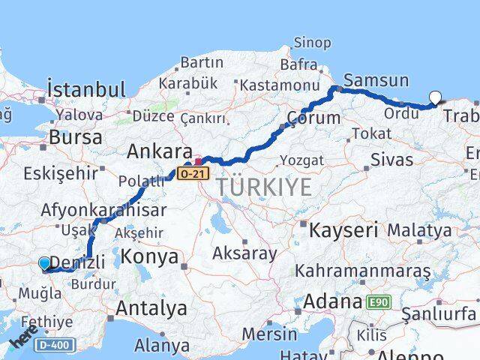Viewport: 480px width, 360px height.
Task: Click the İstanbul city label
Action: pyautogui.click(x=86, y=89)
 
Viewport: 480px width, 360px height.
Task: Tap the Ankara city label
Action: pyautogui.click(x=160, y=151)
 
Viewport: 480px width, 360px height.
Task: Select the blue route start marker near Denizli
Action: pyautogui.click(x=45, y=263)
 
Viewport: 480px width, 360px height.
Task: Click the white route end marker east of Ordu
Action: pyautogui.click(x=435, y=96)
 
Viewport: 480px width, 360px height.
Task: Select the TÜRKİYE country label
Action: pyautogui.click(x=263, y=187)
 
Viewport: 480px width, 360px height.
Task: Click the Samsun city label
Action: pyautogui.click(x=376, y=80)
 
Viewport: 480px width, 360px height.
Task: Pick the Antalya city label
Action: pyautogui.click(x=151, y=307)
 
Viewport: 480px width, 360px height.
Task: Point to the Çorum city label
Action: pyautogui.click(x=313, y=118)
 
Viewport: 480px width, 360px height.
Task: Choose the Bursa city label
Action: pyautogui.click(x=76, y=137)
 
